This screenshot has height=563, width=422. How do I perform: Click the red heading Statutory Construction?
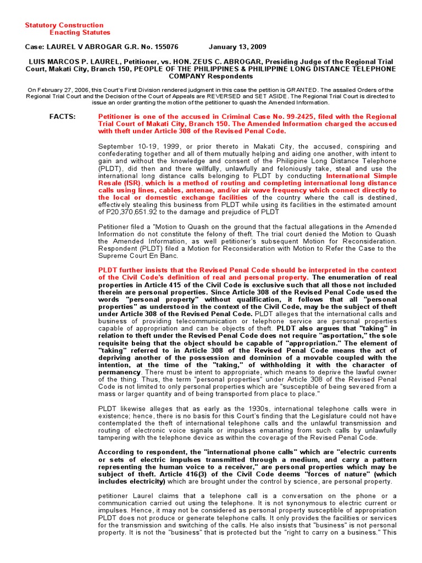(64, 25)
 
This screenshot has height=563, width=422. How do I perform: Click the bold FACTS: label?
(63, 117)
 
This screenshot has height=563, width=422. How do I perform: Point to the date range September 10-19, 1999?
(134, 147)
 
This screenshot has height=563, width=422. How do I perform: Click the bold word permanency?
(119, 372)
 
